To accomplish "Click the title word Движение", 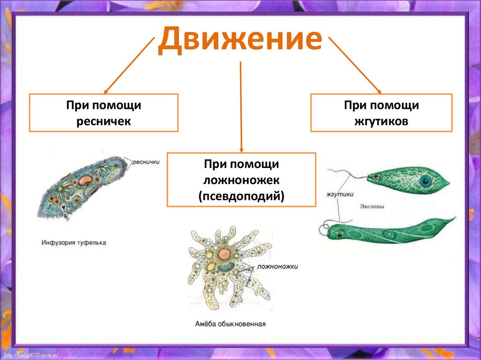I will [x=240, y=39].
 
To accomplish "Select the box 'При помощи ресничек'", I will [x=104, y=113].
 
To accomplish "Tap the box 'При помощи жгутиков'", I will [x=381, y=113].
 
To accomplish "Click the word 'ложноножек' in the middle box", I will [x=241, y=180].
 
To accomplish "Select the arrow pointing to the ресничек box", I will [x=129, y=65].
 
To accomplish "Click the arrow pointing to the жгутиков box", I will [x=355, y=65].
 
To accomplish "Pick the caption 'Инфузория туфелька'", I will [x=74, y=243].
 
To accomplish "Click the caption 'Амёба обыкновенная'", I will [x=231, y=323].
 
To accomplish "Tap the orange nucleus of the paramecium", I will [x=85, y=180].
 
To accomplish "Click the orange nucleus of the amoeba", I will [x=225, y=254].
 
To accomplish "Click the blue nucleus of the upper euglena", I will [x=426, y=181].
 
